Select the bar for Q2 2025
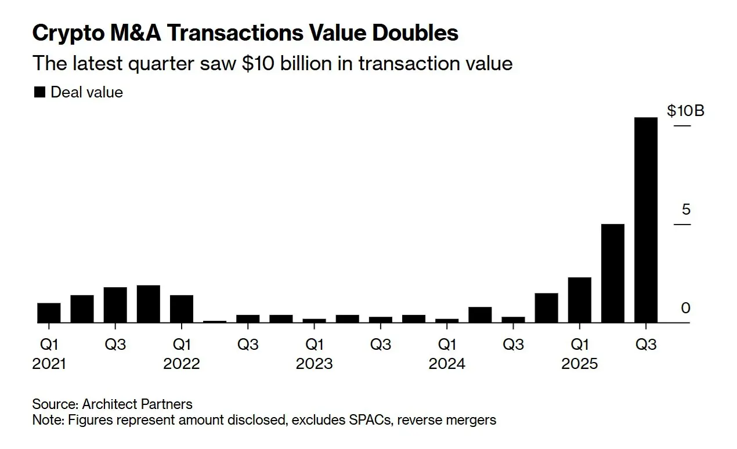613,273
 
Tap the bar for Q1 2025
580,299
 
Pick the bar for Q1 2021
49,312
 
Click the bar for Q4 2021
149,303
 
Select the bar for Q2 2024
480,314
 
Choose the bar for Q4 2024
547,307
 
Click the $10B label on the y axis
685,110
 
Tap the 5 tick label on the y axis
686,209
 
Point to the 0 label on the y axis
686,308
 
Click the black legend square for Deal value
39,92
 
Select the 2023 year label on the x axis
314,364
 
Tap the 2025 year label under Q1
579,364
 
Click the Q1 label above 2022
182,345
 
